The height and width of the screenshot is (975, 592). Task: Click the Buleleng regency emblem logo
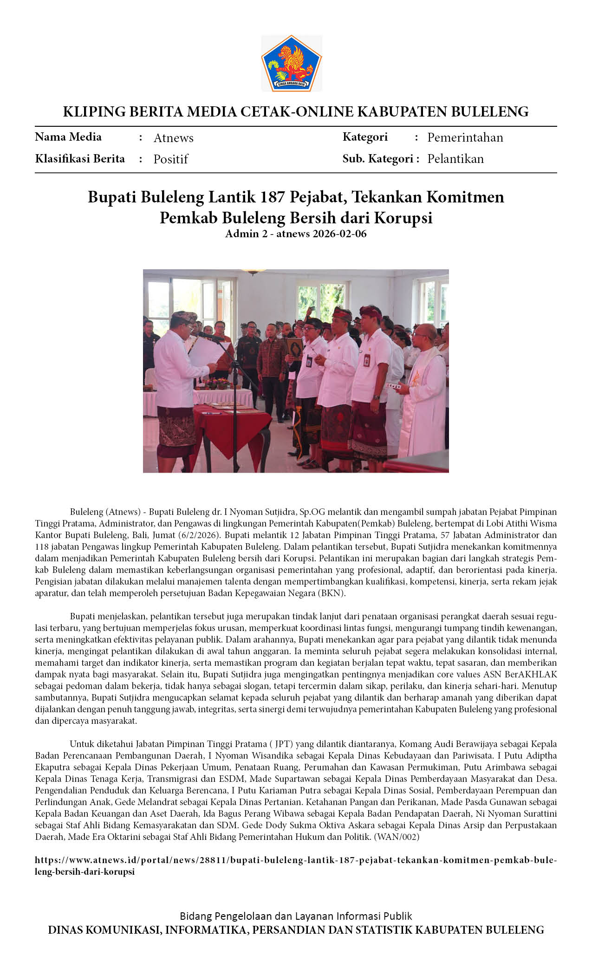tap(292, 64)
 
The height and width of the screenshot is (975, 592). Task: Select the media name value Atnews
tap(173, 138)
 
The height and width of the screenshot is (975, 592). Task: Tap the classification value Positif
tap(170, 159)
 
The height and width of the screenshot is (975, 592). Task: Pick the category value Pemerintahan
tap(465, 137)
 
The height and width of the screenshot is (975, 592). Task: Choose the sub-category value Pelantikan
tap(455, 159)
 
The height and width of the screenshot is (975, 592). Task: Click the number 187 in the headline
tap(272, 197)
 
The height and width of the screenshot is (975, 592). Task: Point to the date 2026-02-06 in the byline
tap(339, 234)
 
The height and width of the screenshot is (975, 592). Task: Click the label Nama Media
tap(68, 137)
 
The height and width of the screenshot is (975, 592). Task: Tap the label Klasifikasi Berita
tap(80, 159)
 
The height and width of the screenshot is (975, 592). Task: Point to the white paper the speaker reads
tap(204, 353)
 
